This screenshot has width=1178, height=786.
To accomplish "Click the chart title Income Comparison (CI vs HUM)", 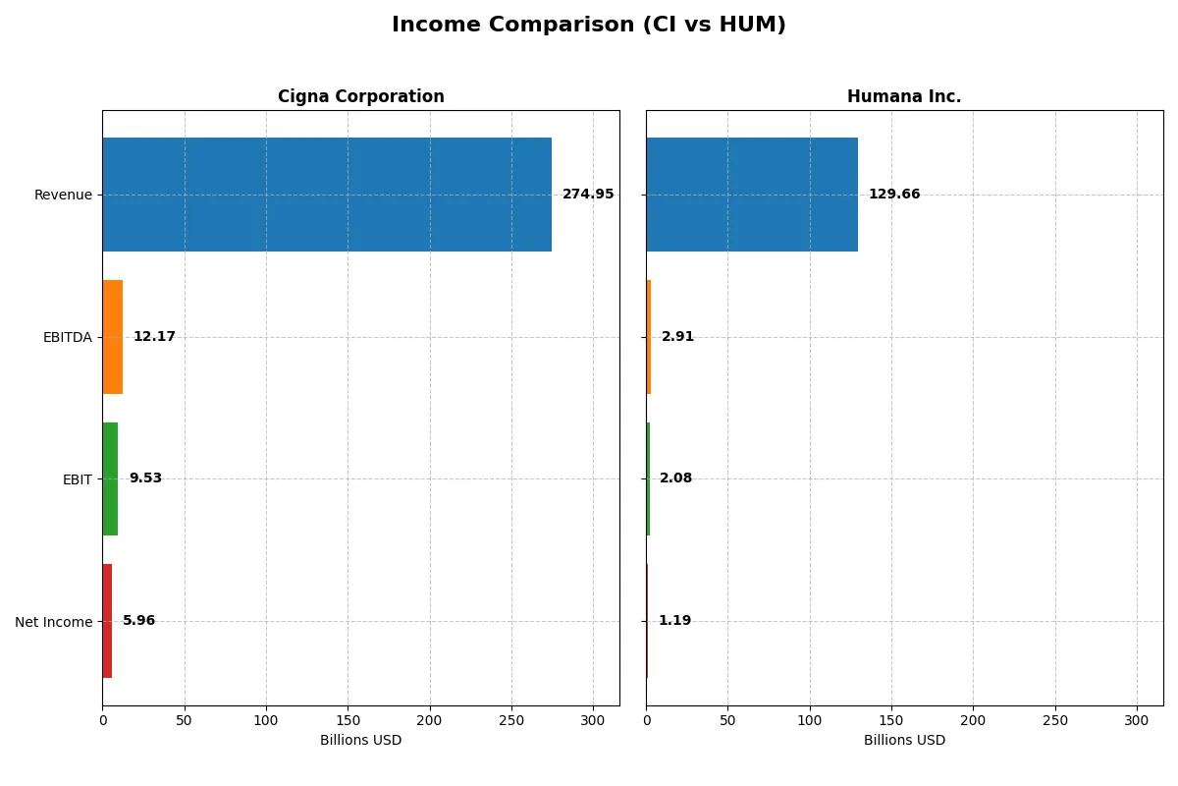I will pyautogui.click(x=589, y=26).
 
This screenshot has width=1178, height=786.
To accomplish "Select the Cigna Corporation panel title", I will pyautogui.click(x=360, y=97).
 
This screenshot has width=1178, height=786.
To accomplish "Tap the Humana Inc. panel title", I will pyautogui.click(x=904, y=97).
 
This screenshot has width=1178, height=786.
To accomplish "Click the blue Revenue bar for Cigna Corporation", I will pyautogui.click(x=327, y=195).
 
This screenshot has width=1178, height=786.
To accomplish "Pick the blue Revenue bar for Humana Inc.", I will pyautogui.click(x=752, y=195).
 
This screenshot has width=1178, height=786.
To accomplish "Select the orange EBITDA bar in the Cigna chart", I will pyautogui.click(x=113, y=337).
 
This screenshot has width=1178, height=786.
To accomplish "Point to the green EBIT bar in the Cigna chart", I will pyautogui.click(x=110, y=478).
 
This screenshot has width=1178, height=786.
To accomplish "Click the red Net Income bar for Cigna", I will pyautogui.click(x=107, y=621).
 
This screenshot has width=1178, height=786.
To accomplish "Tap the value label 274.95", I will pyautogui.click(x=588, y=195).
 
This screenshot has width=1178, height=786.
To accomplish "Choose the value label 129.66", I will pyautogui.click(x=894, y=195).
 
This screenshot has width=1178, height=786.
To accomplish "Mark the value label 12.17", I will pyautogui.click(x=154, y=337).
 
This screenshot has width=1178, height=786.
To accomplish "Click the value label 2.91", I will pyautogui.click(x=677, y=337).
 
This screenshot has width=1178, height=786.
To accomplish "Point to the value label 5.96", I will pyautogui.click(x=138, y=621).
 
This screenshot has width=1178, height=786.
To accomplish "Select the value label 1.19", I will pyautogui.click(x=674, y=621).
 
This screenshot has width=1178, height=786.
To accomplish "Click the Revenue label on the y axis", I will pyautogui.click(x=63, y=196).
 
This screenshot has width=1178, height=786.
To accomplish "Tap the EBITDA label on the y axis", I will pyautogui.click(x=68, y=338).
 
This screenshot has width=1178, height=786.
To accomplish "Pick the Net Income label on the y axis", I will pyautogui.click(x=54, y=622).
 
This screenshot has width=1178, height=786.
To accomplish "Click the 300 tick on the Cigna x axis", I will pyautogui.click(x=593, y=720).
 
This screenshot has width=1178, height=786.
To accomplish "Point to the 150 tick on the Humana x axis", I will pyautogui.click(x=891, y=720).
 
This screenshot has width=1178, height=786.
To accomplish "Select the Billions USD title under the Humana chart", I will pyautogui.click(x=904, y=741).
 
